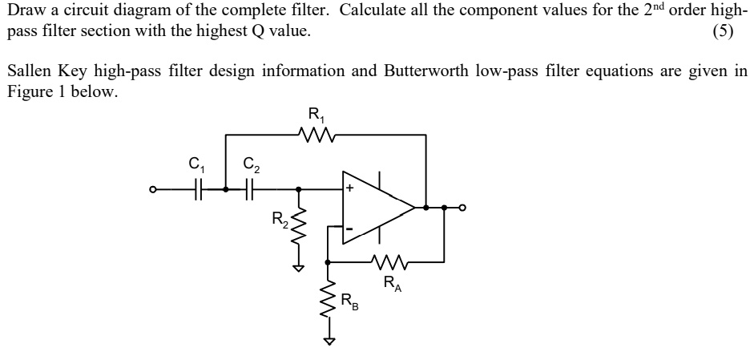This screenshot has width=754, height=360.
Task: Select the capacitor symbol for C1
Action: point(199,190)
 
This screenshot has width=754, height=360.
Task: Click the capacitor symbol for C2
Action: point(249,190)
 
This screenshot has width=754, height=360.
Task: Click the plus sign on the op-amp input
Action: point(350,190)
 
